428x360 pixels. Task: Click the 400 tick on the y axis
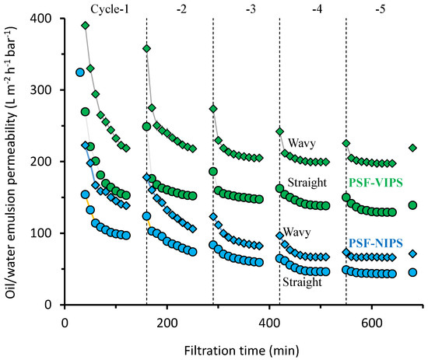coord(47,18)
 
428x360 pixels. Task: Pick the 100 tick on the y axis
coord(47,233)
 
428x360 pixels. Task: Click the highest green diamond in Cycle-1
coord(85,26)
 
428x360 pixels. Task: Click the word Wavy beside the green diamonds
coord(300,144)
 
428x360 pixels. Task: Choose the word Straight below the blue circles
coord(303,283)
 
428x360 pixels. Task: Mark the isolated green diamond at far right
coord(413,148)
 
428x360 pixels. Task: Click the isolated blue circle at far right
coord(413,272)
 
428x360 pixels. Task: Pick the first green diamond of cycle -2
coord(146,48)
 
